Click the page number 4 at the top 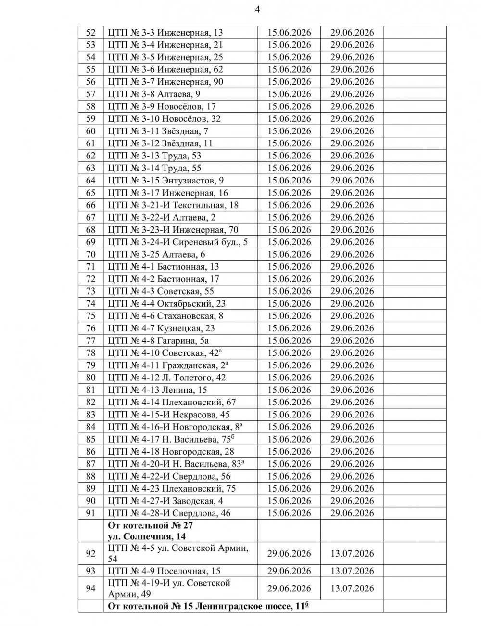click(x=258, y=9)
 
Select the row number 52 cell click(x=90, y=33)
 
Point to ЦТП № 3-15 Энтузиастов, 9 click(x=165, y=181)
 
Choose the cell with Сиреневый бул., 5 click(x=178, y=242)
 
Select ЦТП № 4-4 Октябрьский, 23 click(x=166, y=304)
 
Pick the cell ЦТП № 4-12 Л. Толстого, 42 click(x=166, y=378)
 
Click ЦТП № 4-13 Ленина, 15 click(x=157, y=390)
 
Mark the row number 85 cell click(x=90, y=439)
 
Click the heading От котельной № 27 click(x=151, y=525)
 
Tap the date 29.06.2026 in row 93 click(x=289, y=571)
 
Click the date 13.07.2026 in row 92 click(x=352, y=554)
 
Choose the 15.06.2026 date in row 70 click(x=289, y=254)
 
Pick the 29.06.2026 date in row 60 click(x=352, y=131)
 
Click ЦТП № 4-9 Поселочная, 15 click(x=164, y=571)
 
